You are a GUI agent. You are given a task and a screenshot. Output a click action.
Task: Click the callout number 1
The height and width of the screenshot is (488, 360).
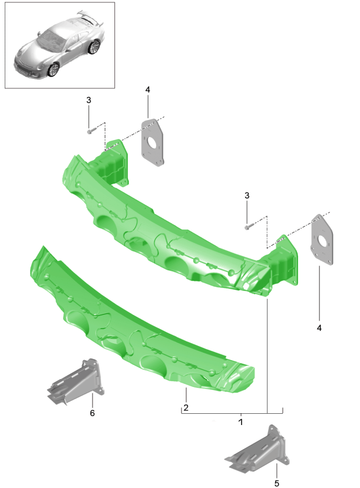(x=240, y=422)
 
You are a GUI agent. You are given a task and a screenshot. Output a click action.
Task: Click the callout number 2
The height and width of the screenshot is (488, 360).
(x=186, y=407)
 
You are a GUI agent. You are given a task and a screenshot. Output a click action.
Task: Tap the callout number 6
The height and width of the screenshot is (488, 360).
(x=92, y=413)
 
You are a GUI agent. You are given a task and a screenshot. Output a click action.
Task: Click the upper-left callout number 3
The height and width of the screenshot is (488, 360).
(x=88, y=101)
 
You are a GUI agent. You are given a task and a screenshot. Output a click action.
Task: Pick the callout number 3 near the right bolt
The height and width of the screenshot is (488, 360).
(x=247, y=195)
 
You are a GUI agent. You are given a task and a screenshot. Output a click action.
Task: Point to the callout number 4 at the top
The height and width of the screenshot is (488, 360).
(x=147, y=89)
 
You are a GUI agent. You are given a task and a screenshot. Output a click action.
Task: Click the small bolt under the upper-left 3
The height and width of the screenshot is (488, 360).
(x=89, y=131)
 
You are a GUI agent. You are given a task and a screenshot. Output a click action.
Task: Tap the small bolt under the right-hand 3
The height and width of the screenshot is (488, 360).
(x=248, y=226)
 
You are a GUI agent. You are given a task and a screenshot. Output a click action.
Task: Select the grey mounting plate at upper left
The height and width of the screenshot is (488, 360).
(x=152, y=142)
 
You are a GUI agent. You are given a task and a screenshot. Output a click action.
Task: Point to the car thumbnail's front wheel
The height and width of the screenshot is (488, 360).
(x=54, y=69)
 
